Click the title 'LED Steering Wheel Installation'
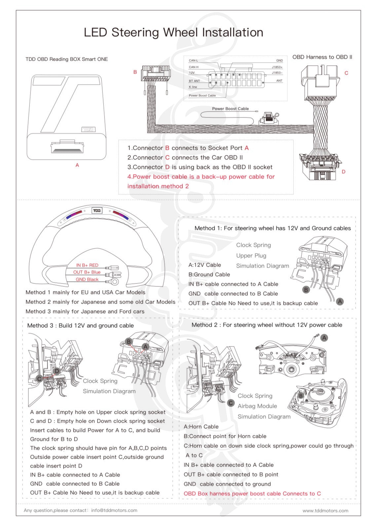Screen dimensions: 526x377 point(173,32)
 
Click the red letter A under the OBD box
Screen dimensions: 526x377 point(77,165)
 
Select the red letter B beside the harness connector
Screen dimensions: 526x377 point(135,72)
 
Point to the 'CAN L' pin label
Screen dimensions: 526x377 point(193,60)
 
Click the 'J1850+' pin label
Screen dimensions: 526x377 point(277,67)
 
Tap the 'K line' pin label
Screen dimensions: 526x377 point(193,87)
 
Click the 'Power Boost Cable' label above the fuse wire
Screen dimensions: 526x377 point(230,109)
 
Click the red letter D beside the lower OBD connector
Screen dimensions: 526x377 point(344,172)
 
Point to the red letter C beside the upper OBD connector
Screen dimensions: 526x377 point(346,73)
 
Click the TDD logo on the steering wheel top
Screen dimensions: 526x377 point(97,211)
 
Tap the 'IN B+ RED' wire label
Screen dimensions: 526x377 point(87,265)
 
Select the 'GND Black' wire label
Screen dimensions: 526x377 point(87,279)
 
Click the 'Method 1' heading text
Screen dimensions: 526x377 point(273,228)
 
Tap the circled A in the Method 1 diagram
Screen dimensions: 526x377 point(340,301)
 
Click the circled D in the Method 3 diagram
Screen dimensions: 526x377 point(57,371)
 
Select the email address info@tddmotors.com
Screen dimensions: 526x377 point(114,510)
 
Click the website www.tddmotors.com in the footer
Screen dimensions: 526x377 point(325,511)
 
